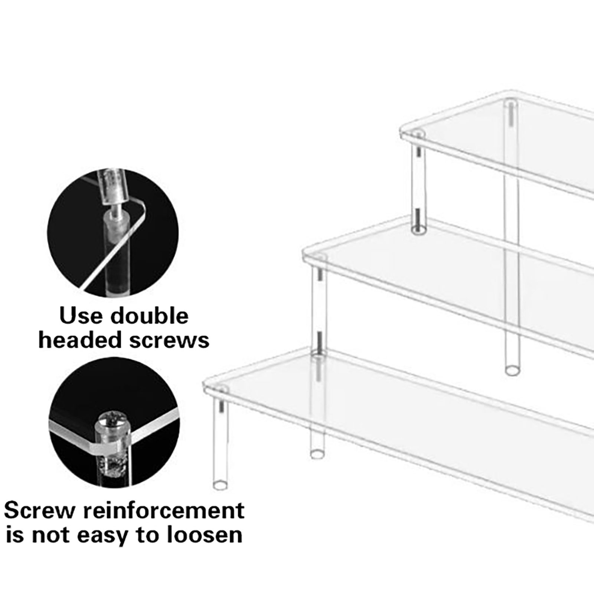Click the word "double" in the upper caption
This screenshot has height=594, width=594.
pyautogui.click(x=150, y=316)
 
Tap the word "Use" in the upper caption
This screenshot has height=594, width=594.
pyautogui.click(x=81, y=316)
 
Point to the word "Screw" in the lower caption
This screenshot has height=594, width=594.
pyautogui.click(x=41, y=511)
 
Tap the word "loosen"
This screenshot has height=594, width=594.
pyautogui.click(x=204, y=535)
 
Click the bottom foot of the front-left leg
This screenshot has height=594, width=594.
pyautogui.click(x=220, y=485)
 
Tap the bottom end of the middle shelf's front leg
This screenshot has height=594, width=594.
pyautogui.click(x=317, y=454)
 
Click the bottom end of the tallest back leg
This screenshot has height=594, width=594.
pyautogui.click(x=513, y=370)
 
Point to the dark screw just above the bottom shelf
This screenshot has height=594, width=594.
pyautogui.click(x=318, y=341)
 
